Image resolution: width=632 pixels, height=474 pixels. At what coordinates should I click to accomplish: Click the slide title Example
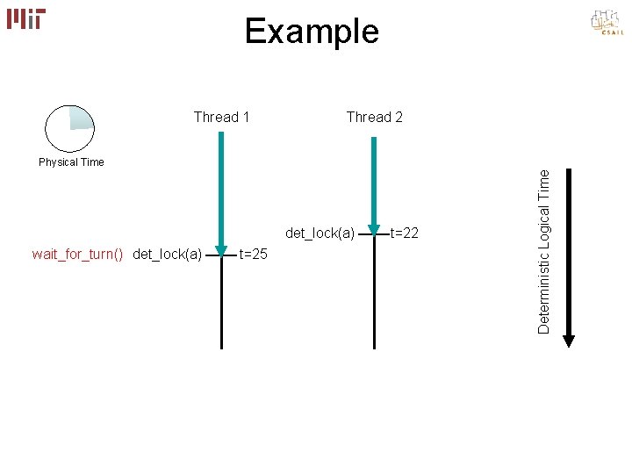pos(312,32)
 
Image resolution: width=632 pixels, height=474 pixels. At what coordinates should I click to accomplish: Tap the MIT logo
pos(26,18)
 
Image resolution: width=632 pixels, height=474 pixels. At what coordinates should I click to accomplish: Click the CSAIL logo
pos(607,24)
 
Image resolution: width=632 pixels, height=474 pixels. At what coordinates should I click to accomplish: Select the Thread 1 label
pos(221,117)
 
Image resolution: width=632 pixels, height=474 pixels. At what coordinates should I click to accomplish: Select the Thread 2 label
pos(375,117)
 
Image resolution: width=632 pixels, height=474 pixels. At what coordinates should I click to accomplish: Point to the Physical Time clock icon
pos(69,129)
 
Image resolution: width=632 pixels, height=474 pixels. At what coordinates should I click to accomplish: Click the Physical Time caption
pos(71,162)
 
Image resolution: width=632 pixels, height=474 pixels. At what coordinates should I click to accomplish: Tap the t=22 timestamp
pos(404,233)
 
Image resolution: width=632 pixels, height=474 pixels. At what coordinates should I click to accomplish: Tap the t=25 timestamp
pos(253,255)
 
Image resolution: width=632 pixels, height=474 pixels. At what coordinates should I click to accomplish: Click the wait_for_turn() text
pos(77,255)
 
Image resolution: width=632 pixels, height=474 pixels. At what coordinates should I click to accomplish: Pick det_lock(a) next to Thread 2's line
pos(320,233)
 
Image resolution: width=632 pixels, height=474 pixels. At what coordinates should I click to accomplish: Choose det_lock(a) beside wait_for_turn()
pos(168,255)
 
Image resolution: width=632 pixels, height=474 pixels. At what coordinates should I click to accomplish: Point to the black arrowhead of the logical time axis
pos(569,340)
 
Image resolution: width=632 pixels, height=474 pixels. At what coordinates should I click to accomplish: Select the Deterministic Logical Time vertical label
pos(544,251)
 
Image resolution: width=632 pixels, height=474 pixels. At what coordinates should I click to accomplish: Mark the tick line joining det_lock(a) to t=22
pos(374,233)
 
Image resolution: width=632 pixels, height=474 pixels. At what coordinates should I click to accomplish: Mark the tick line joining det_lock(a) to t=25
pos(221,255)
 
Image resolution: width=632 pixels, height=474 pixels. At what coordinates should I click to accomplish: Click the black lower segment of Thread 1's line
pos(221,307)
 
